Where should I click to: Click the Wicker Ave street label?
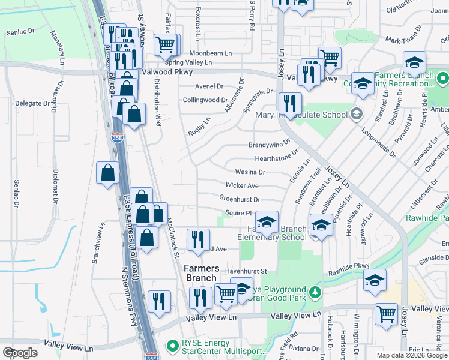pos(242,186)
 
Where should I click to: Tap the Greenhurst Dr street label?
pos(239,199)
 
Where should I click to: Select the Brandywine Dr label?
pos(269,145)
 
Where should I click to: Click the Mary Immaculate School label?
pos(301,115)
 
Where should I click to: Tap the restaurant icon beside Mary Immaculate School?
pos(289,104)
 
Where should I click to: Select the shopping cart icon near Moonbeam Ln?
pos(166,43)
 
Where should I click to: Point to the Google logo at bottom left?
pos(20,353)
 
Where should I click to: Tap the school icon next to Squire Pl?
pos(267,221)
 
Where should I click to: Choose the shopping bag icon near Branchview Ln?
pos(107,173)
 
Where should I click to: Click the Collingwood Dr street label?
pos(205,100)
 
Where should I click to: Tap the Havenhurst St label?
pos(246,271)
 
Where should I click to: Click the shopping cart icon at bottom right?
pos(386,313)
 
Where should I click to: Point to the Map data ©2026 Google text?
pos(412,355)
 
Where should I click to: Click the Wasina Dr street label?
pos(250,172)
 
